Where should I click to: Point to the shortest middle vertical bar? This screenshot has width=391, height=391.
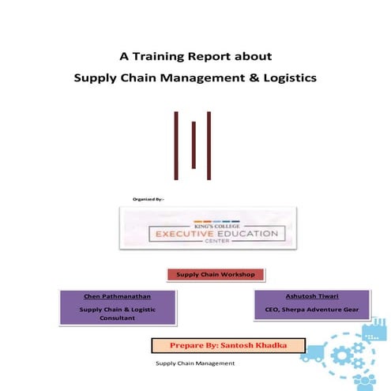194,145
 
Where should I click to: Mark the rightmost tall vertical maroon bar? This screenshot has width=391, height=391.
209,145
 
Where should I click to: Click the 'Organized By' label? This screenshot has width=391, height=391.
149,198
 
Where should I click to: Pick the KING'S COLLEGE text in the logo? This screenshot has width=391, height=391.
208,224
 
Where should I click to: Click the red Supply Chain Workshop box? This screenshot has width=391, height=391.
215,275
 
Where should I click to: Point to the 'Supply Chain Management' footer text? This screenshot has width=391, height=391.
195,363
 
